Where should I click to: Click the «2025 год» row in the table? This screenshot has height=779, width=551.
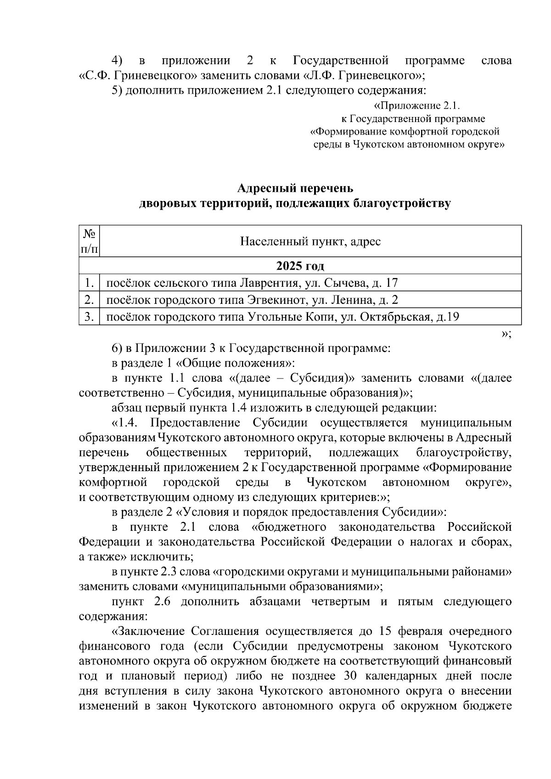(300, 266)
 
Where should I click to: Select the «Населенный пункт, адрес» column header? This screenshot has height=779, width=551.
(310, 241)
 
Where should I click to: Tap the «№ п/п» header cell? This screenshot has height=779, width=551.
(89, 241)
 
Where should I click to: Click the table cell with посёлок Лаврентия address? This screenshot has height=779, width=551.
(252, 283)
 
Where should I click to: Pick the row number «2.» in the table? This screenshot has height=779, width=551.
(89, 300)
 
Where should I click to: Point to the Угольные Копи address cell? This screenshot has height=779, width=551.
(283, 317)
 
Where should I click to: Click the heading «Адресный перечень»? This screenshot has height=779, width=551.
(295, 189)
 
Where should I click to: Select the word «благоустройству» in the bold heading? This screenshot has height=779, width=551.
(402, 203)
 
